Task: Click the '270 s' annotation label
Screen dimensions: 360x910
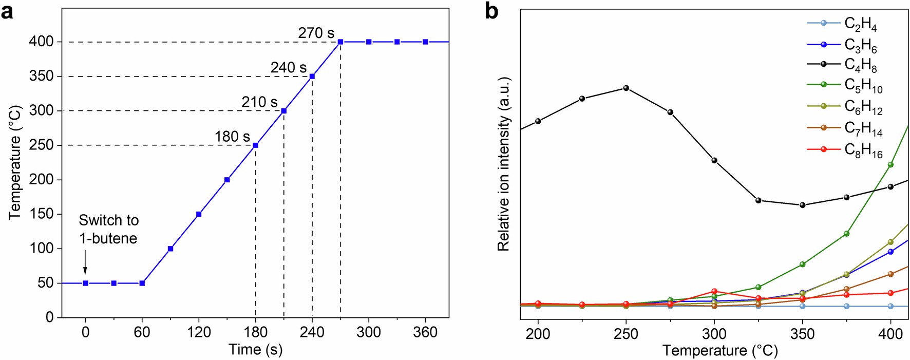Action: pos(316,33)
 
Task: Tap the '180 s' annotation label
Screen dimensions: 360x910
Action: pos(232,137)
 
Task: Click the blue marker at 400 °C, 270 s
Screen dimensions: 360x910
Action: pos(340,42)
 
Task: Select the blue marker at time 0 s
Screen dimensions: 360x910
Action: pos(86,283)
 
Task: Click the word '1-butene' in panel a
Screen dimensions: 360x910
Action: pos(108,239)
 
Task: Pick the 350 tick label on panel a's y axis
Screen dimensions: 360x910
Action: pos(42,77)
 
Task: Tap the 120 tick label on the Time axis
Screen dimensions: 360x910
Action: pos(199,332)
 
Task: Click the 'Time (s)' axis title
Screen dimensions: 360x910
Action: pos(255,350)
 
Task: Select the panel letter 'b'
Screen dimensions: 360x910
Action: pos(491,11)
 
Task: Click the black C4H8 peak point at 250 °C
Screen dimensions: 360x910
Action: pos(626,88)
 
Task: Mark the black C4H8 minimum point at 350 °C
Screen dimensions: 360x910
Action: pos(802,205)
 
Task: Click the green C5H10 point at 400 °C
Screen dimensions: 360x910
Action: pos(890,165)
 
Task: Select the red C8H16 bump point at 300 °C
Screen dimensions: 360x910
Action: pos(714,291)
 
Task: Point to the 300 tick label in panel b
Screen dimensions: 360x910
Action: pos(714,334)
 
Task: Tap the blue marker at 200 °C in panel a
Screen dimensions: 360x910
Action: pos(227,180)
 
